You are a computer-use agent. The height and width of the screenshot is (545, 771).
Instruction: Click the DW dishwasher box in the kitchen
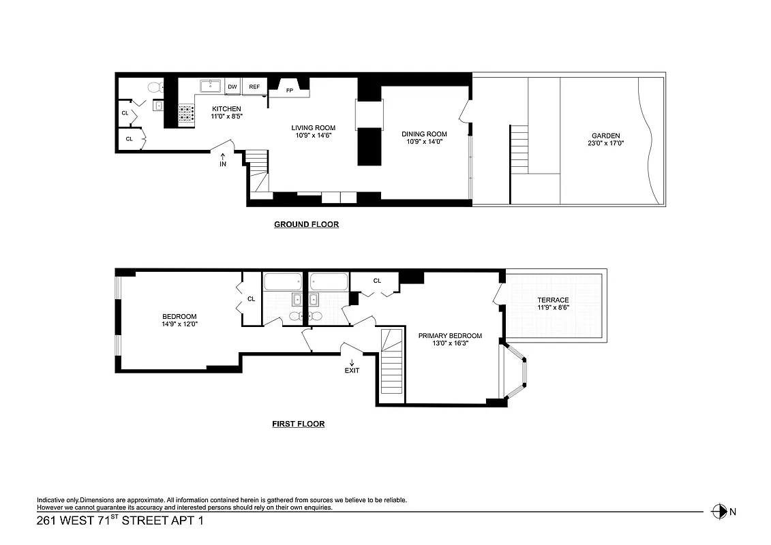click(232, 87)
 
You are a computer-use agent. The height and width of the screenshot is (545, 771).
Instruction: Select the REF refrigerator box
click(254, 87)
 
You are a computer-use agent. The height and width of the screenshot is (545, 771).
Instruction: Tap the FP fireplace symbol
click(290, 89)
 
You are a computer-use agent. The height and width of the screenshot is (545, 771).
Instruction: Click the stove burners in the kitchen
click(186, 113)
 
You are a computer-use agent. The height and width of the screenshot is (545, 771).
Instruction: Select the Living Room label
click(314, 128)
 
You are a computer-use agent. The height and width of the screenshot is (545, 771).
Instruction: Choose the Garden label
click(605, 136)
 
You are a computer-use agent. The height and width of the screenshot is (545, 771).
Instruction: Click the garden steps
click(519, 149)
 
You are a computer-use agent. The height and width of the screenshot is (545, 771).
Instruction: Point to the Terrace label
click(552, 300)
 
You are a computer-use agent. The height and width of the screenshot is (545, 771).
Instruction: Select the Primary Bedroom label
click(450, 335)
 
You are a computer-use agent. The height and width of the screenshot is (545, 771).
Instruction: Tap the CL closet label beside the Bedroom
click(252, 298)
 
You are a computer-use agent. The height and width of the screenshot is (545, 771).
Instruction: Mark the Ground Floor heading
click(306, 224)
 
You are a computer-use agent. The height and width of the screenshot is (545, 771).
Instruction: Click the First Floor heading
click(298, 424)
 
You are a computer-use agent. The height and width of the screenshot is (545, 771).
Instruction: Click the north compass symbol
click(718, 511)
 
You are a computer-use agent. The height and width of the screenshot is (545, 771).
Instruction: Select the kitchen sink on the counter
click(211, 86)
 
